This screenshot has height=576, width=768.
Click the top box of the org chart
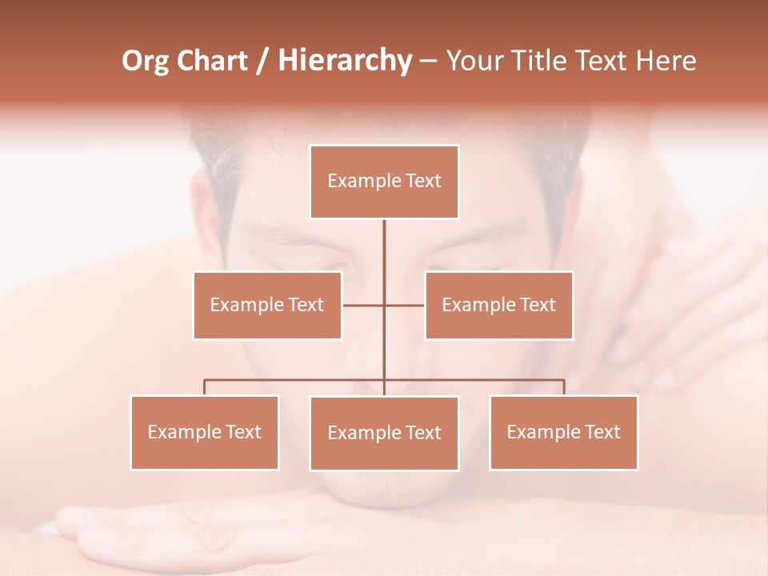pos(384,182)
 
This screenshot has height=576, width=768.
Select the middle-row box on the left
pos(267,305)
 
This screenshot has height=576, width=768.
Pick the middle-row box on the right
pos(498,305)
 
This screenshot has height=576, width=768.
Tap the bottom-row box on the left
pos(204,432)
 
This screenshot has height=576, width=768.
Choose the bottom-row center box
pos(384,433)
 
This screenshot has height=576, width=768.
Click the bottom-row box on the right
pos(563,432)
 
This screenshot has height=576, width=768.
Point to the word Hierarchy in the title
pos(344,61)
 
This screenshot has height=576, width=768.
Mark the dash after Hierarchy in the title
pos(428,62)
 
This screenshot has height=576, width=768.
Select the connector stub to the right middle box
pos(405,305)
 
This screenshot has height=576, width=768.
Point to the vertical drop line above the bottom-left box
pos(204,387)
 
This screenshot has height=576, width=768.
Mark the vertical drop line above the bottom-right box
pos(564,387)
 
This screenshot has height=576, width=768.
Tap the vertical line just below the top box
pos(384,240)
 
